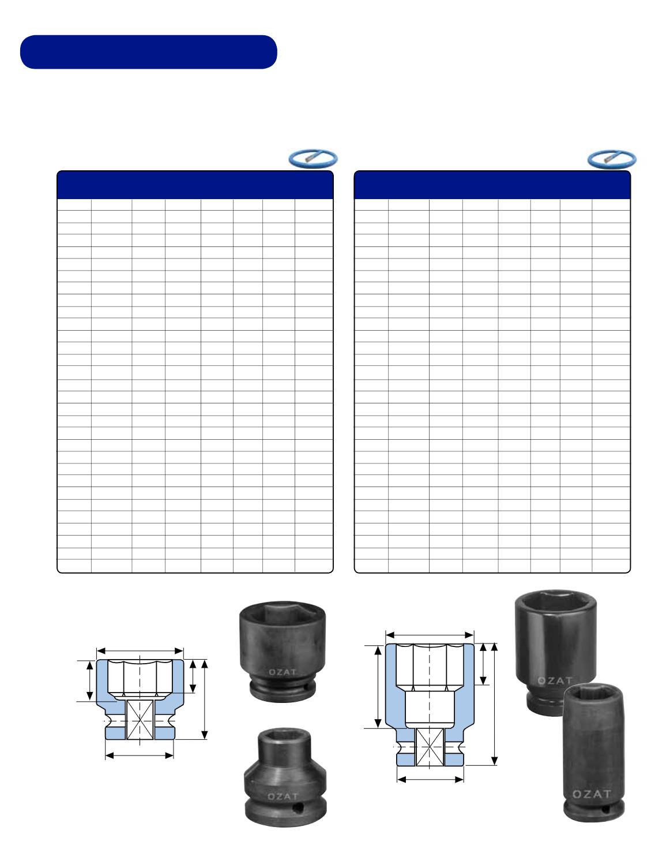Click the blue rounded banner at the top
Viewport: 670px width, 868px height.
tap(148, 52)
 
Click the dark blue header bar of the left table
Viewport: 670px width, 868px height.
tap(195, 185)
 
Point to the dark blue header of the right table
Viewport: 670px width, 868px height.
tap(492, 185)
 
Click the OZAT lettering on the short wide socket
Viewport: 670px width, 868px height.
tap(283, 672)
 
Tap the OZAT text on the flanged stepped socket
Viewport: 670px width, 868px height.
tap(283, 796)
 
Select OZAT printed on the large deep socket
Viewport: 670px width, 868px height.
tap(555, 680)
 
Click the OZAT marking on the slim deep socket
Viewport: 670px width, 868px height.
tap(592, 794)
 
